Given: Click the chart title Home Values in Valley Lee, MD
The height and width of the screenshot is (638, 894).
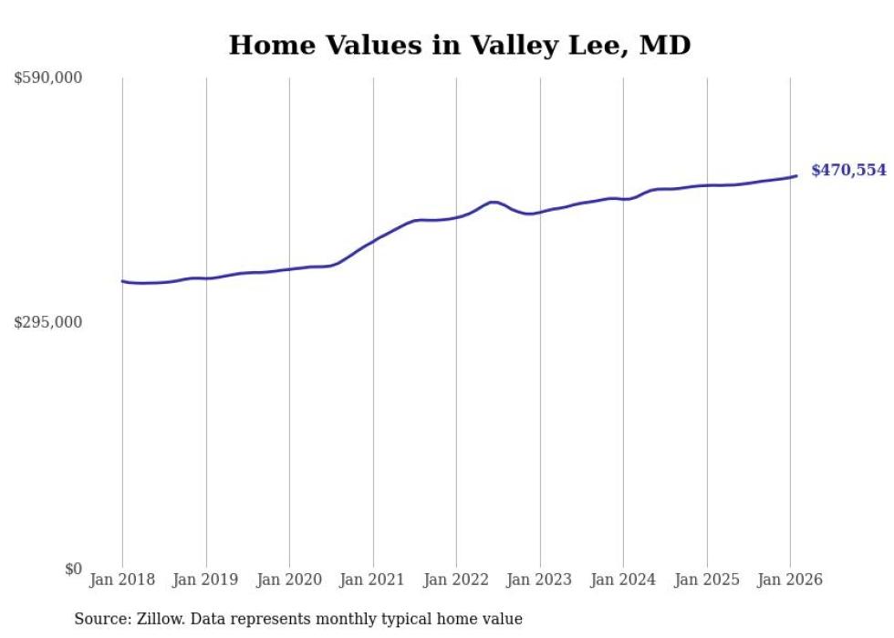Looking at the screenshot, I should pos(459,45).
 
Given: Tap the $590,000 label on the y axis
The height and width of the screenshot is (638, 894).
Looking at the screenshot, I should pos(47,78).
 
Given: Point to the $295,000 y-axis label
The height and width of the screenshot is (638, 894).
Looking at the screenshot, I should pos(47,322).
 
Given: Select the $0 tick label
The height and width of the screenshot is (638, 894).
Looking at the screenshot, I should pos(72,569).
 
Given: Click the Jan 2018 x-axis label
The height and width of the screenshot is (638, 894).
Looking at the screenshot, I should pos(122,580).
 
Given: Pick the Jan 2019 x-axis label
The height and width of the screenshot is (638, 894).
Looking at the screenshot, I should pos(206,580).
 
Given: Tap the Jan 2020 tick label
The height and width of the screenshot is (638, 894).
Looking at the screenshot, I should pos(289,580).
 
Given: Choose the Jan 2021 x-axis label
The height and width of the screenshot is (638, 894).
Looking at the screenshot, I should pos(373,580).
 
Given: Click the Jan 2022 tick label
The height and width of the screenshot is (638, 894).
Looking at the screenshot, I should pos(456,580).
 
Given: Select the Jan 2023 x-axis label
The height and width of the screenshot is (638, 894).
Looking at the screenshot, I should pos(540,580).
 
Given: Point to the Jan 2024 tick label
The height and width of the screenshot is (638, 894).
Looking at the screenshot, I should pos(623,580).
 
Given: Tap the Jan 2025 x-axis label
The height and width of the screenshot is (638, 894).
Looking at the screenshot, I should pos(707,580).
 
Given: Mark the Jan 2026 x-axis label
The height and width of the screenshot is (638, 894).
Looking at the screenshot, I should pos(790,580).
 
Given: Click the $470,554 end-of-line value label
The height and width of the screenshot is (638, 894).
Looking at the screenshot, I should pos(847,171).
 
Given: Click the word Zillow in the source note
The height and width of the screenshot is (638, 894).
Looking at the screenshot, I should pos(157,619).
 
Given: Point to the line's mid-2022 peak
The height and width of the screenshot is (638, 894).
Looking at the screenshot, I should pos(494,202).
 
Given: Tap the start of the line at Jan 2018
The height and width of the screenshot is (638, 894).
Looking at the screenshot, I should pos(122,281).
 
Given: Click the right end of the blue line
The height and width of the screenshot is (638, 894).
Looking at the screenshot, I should pos(796,176).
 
